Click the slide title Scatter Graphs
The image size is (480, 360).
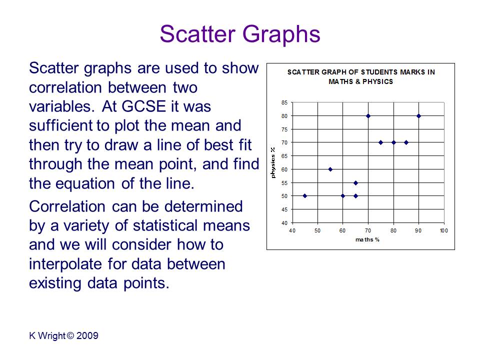(x=240, y=34)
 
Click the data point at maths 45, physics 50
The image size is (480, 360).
(x=305, y=196)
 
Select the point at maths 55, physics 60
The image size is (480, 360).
(x=330, y=169)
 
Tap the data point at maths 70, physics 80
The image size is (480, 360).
(x=368, y=116)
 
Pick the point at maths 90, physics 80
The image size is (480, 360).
(x=419, y=116)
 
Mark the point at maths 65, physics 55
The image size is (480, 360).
(x=355, y=183)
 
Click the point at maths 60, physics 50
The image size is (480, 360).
(x=343, y=196)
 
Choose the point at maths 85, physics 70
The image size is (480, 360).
(x=406, y=142)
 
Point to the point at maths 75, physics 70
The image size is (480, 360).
(x=381, y=142)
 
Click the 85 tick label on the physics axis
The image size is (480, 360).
(x=284, y=102)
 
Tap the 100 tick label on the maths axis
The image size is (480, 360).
(x=444, y=230)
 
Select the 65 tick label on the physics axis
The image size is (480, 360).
(x=284, y=156)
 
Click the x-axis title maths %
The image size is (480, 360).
(x=367, y=239)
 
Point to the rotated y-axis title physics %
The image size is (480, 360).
(x=273, y=162)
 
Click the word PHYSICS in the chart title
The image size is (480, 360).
(x=378, y=81)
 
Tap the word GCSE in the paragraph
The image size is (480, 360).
(x=143, y=106)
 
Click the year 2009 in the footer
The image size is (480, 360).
(x=87, y=336)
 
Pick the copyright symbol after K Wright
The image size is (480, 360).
(x=70, y=336)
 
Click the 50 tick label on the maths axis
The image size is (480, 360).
(x=317, y=230)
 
